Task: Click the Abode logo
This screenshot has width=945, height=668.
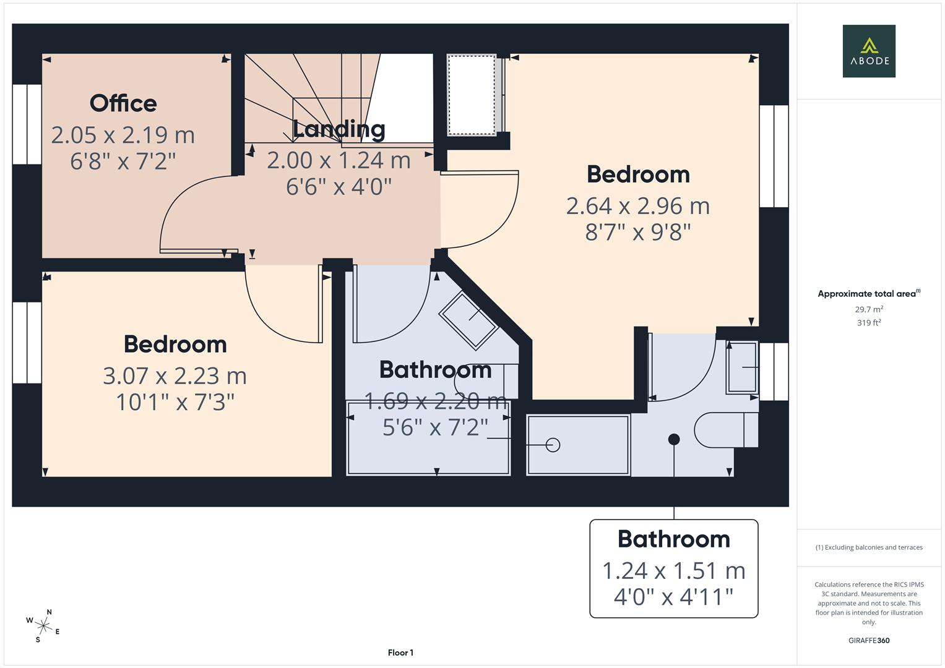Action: tap(869, 51)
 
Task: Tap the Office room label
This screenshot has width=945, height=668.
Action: tap(123, 103)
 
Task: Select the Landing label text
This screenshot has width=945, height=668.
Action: tap(339, 129)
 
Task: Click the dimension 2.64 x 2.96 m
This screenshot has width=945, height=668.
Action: tap(638, 206)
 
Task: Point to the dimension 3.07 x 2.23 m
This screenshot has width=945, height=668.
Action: tap(175, 376)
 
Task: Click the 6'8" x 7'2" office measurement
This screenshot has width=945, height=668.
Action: tap(123, 161)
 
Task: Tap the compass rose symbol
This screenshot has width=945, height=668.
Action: tap(43, 625)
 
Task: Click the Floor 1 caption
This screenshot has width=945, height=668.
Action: tap(400, 653)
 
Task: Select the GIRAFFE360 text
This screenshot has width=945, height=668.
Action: tap(869, 640)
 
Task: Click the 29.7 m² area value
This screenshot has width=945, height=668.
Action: tap(869, 309)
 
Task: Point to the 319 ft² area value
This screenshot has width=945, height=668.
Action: tap(869, 323)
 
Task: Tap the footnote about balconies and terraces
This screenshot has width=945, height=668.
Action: tap(869, 547)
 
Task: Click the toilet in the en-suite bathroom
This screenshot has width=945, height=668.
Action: tap(724, 430)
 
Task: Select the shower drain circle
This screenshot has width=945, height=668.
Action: tap(553, 445)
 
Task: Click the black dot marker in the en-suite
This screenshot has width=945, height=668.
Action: tap(674, 439)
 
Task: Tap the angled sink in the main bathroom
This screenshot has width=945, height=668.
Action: tap(468, 319)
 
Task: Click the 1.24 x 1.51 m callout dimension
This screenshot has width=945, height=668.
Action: tap(674, 571)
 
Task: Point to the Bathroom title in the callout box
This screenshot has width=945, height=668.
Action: tap(674, 539)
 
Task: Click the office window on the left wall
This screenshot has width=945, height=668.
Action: tap(27, 124)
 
